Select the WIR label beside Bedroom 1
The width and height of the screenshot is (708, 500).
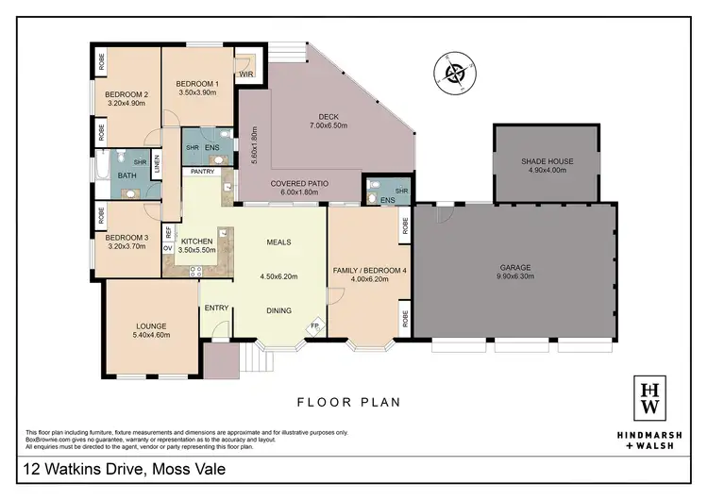click(x=246, y=73)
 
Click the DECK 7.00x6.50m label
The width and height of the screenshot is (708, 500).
click(x=328, y=121)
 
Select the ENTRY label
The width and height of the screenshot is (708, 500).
click(x=217, y=308)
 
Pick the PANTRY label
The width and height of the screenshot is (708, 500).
click(x=202, y=173)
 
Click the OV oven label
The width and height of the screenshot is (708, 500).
click(x=168, y=248)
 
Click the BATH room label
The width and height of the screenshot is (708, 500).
click(x=126, y=176)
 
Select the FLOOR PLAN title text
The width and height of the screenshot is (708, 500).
click(x=348, y=402)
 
